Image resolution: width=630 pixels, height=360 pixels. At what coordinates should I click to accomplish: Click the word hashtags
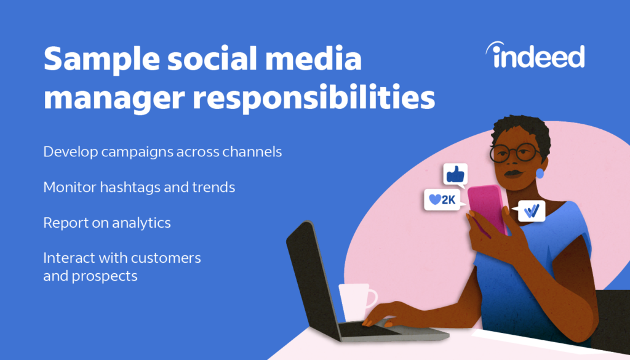click(127, 187)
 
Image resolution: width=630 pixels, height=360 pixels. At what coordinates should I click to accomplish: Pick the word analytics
click(141, 223)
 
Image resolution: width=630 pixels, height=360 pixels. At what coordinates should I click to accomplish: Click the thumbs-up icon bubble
click(455, 175)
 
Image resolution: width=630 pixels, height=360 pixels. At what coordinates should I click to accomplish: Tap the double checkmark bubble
click(531, 211)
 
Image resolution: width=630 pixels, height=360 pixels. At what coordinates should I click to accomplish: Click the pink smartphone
click(487, 208)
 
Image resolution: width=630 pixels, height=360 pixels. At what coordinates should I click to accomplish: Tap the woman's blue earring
click(540, 174)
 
